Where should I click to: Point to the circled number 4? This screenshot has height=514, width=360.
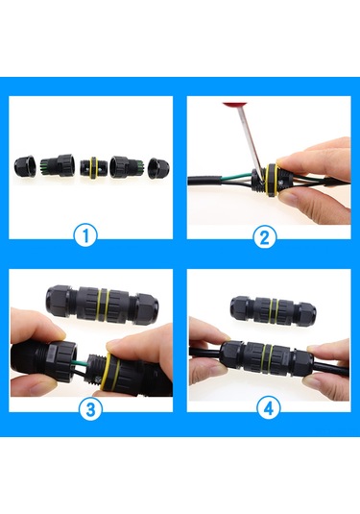266,407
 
